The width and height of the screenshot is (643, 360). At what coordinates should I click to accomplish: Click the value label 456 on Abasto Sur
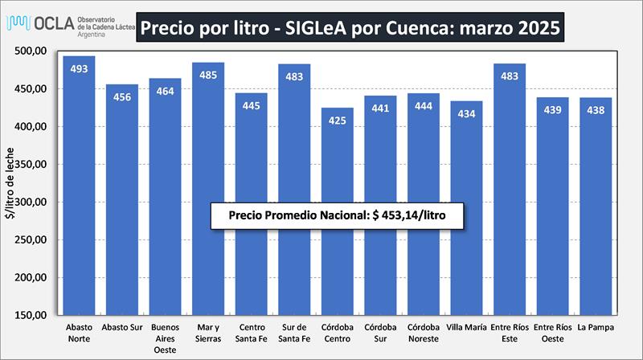coord(122,97)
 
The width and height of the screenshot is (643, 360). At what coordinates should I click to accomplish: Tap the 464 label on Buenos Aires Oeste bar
coord(165,92)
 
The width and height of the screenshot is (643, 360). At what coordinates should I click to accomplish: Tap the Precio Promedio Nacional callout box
coord(338,216)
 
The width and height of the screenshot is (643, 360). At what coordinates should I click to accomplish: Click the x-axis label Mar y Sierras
coord(208,333)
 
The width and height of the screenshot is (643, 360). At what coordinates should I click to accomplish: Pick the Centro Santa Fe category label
coord(252,333)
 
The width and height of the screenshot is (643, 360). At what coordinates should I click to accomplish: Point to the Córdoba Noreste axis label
coord(424,333)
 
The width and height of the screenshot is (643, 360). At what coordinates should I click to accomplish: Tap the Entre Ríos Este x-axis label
coord(510,333)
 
